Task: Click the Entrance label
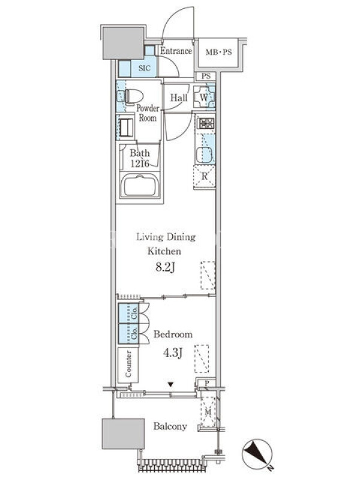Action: point(176,51)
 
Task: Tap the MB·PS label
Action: point(218,52)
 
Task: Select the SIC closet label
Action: point(145,68)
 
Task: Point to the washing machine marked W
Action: point(204,97)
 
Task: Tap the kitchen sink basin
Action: point(204,155)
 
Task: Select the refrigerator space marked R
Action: point(204,176)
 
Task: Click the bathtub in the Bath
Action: point(140,185)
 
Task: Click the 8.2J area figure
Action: point(165,268)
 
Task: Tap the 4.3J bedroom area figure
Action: point(173,353)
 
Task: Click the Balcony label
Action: point(170,427)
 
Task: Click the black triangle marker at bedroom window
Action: point(171,385)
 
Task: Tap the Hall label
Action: point(179,98)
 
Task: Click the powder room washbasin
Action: point(126,127)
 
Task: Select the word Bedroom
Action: point(173,334)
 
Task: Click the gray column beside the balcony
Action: point(123,434)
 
